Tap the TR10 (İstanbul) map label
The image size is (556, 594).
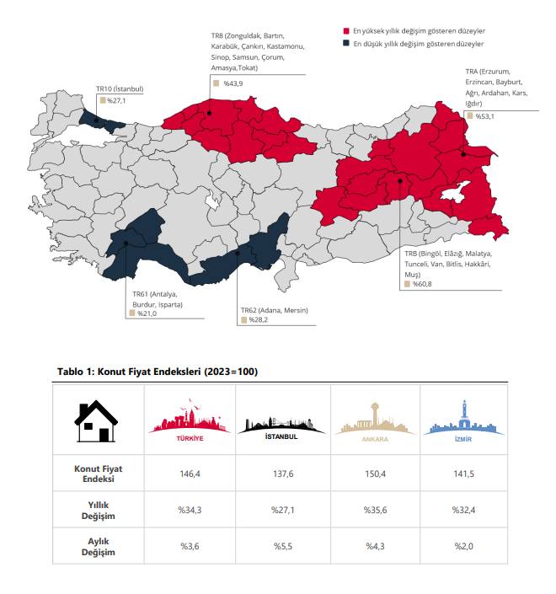coord(120,88)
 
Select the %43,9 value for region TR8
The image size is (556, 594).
coord(233,83)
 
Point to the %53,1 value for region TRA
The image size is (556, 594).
coord(484,116)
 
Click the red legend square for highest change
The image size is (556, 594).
coord(347,30)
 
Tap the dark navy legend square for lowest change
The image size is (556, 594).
coord(347,42)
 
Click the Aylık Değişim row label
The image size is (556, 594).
coord(97,546)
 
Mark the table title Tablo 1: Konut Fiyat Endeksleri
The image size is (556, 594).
coord(157,371)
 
